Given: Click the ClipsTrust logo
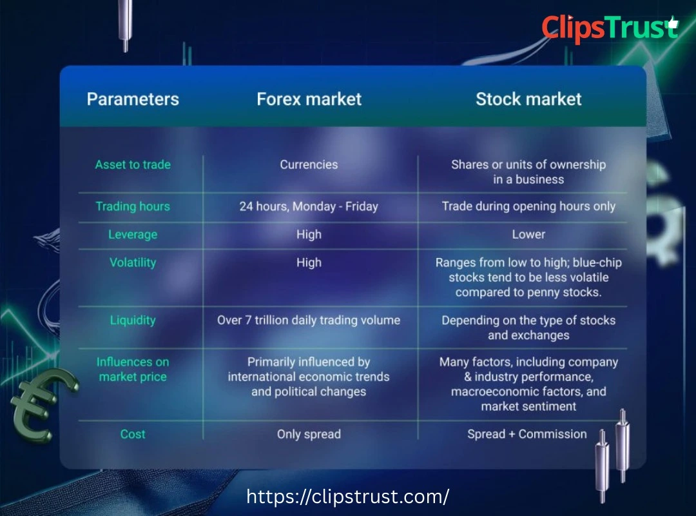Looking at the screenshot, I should (609, 28).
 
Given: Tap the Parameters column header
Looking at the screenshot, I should (133, 99).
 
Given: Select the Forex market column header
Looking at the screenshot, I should (309, 99).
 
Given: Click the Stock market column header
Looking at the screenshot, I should (528, 99).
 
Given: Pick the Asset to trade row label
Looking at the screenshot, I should (133, 164).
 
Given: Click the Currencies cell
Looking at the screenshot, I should (309, 164).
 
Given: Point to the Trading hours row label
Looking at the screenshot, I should (133, 206).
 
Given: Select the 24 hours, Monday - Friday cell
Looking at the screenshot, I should (309, 206).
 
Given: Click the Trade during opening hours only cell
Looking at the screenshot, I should (528, 206).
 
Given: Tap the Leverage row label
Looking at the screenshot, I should (133, 235).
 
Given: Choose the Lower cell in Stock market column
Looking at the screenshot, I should (528, 235).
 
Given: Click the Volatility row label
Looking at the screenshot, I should (133, 263).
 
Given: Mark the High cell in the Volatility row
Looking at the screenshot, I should (309, 263).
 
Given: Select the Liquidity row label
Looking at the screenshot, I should (133, 320).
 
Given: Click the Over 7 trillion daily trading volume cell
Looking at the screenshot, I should (309, 320).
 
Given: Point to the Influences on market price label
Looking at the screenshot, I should (133, 369).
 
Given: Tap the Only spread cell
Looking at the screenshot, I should (309, 434).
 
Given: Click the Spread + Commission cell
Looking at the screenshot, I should (527, 434).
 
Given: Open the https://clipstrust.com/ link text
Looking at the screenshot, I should (348, 497).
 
